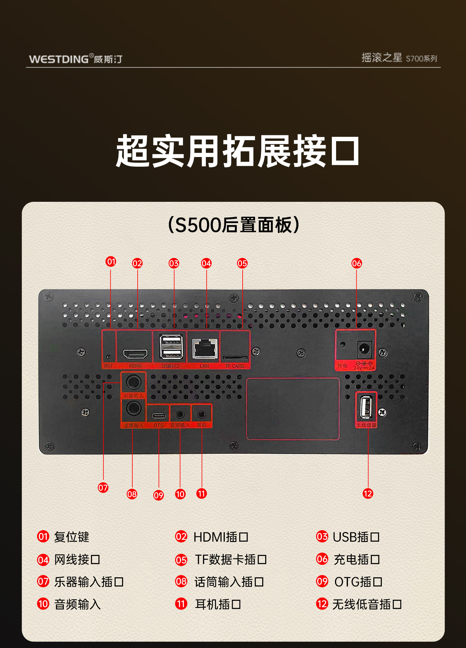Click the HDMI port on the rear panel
(x=135, y=354)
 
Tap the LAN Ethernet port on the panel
(x=205, y=349)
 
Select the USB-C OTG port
(x=158, y=415)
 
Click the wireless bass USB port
(x=366, y=407)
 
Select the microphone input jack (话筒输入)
(x=133, y=409)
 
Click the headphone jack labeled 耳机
(x=202, y=414)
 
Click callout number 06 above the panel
(x=356, y=263)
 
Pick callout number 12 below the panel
(x=368, y=493)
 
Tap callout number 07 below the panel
(x=103, y=488)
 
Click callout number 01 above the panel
(x=111, y=262)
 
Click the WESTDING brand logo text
(x=59, y=59)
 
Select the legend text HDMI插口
(x=221, y=537)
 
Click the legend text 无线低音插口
(x=367, y=604)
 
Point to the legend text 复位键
(x=71, y=537)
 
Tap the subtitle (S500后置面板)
(x=233, y=225)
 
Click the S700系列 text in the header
(x=421, y=58)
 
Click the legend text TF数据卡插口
(x=231, y=559)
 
